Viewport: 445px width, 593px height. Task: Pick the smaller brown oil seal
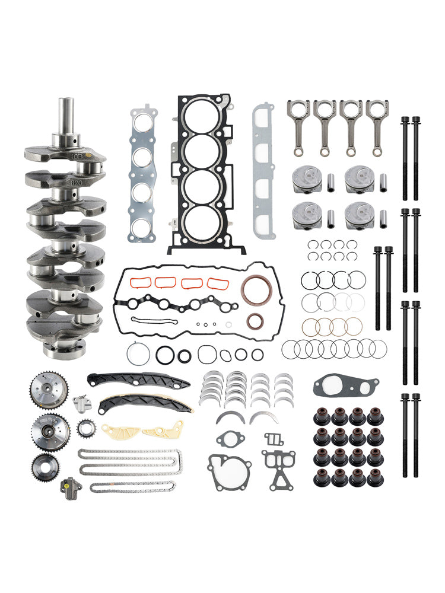pos(256,321)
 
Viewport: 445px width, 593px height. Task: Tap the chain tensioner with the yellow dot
pos(70,487)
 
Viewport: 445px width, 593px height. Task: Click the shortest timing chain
pos(133,487)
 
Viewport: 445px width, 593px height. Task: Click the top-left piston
pos(307,178)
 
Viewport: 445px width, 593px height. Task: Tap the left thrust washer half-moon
pos(230,418)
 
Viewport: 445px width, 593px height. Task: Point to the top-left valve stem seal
pos(322,416)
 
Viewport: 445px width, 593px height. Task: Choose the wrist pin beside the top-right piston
pos(383,178)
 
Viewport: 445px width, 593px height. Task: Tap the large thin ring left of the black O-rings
pos(136,355)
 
